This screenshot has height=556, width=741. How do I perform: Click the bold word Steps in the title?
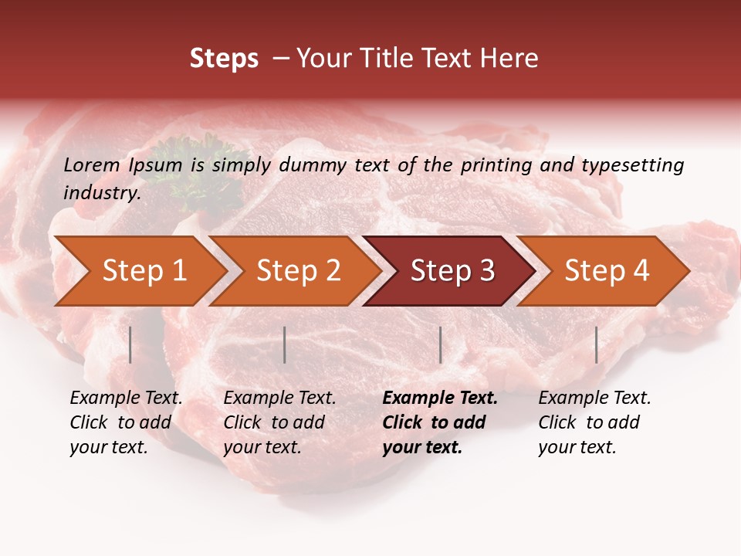224,59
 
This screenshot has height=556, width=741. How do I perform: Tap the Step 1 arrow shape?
139,271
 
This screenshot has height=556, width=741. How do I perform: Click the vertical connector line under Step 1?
130,344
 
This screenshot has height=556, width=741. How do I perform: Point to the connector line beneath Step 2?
285,344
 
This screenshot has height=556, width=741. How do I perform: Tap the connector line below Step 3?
440,344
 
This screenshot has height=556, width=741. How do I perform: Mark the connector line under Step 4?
596,344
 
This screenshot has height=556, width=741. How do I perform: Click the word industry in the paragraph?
101,193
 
